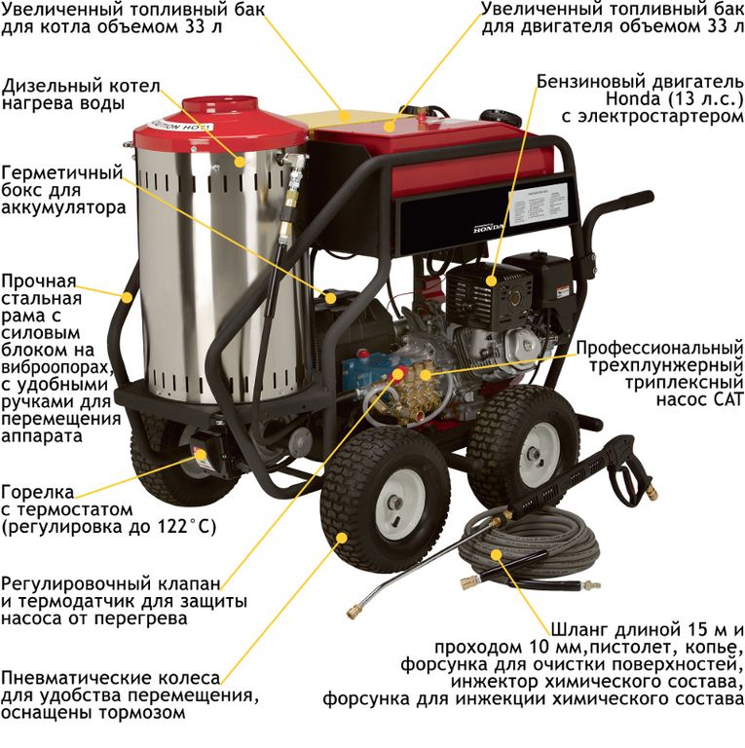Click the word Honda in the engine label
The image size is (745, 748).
coord(626,99)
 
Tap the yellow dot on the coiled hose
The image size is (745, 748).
coord(497,554)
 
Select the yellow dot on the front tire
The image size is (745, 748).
coord(342,538)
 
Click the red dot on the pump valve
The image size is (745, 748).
coord(396,375)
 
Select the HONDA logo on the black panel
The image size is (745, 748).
coord(488,228)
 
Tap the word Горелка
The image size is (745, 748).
coord(38,492)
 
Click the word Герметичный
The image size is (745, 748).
coord(62,172)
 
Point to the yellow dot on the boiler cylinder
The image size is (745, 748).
coord(240,162)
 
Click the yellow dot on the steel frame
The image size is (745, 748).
coord(127,297)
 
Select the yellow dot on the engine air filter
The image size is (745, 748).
coord(491,280)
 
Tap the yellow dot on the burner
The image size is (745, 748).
coord(202,454)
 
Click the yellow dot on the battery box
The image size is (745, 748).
coord(330,298)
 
